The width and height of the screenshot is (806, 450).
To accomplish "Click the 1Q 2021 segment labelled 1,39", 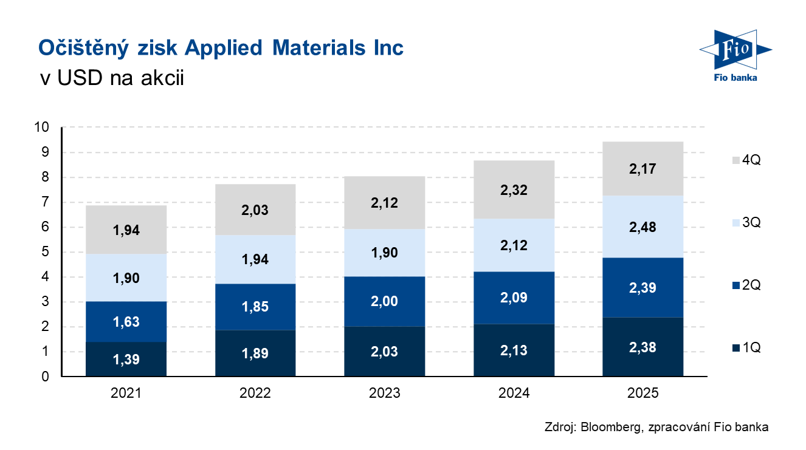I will pyautogui.click(x=126, y=360).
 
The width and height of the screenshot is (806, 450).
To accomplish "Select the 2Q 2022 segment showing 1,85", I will pyautogui.click(x=255, y=307).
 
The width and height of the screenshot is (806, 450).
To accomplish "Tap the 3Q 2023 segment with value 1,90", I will pyautogui.click(x=384, y=253).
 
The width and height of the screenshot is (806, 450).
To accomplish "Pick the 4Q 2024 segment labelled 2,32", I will pyautogui.click(x=514, y=190).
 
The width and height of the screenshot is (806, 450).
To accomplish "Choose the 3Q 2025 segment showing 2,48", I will pyautogui.click(x=643, y=227).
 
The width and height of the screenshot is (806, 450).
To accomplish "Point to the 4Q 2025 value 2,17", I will pyautogui.click(x=643, y=169).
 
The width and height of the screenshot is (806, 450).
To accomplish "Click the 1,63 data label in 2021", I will pyautogui.click(x=126, y=322).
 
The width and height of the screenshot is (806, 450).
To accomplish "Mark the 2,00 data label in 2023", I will pyautogui.click(x=384, y=302).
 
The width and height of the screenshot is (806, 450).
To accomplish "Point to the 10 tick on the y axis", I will pyautogui.click(x=42, y=128).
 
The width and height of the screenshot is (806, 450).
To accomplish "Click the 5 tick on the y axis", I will pyautogui.click(x=45, y=252).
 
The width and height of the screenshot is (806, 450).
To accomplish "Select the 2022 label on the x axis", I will pyautogui.click(x=255, y=394).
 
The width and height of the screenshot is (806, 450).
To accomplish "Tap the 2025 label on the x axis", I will pyautogui.click(x=643, y=394).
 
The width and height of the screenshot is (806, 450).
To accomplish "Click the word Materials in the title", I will pyautogui.click(x=316, y=47).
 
